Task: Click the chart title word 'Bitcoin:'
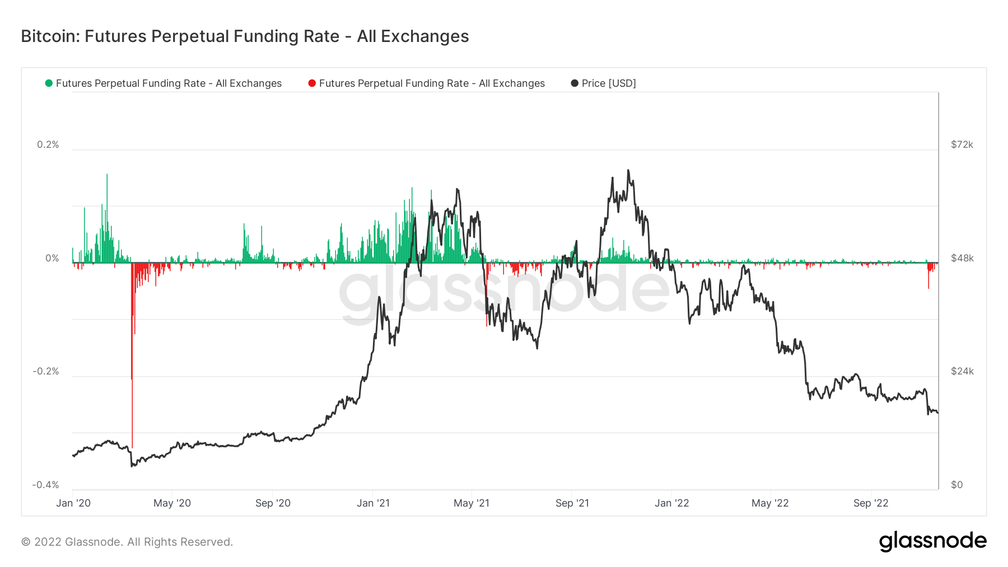tap(50, 36)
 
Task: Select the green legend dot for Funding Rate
tap(49, 83)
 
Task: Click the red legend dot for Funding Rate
tap(312, 83)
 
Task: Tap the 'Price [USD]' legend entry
tap(608, 83)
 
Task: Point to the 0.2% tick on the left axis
tap(48, 144)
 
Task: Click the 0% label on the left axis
tap(52, 258)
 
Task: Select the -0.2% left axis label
tap(46, 371)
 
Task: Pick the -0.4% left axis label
tap(46, 485)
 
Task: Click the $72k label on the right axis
tap(962, 144)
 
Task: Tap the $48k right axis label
tap(962, 258)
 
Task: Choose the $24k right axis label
tap(962, 371)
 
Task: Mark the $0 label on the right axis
tap(957, 485)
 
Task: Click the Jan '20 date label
tap(73, 503)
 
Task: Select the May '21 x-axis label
tap(472, 503)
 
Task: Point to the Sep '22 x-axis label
tap(871, 503)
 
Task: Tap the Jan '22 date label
tap(672, 503)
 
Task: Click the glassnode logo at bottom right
tap(932, 541)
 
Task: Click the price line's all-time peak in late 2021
tap(628, 170)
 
